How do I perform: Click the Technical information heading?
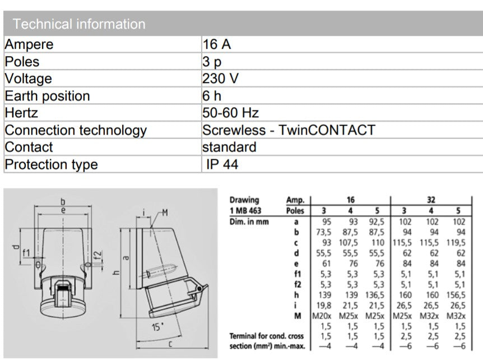(x=79, y=24)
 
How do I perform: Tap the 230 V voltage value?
(x=220, y=79)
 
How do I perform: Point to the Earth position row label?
(x=47, y=96)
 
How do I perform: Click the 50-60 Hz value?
(x=230, y=113)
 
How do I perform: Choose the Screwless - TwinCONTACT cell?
(x=288, y=130)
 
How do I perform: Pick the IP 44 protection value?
(x=222, y=164)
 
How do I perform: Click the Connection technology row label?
(x=76, y=130)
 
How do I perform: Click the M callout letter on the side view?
(x=165, y=212)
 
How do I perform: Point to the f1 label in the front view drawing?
(x=26, y=252)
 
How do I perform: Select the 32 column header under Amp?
(x=431, y=200)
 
